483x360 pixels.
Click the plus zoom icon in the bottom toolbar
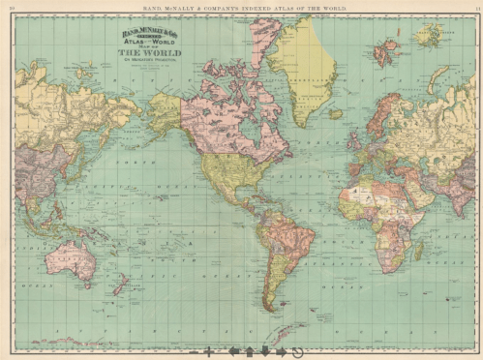208,352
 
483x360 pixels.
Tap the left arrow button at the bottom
231,352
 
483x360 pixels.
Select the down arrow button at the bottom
264,352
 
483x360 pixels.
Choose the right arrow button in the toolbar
281,352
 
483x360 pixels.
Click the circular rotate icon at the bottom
297,352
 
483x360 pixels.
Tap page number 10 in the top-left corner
11,7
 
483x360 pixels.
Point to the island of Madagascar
419,251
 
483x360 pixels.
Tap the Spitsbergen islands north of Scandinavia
387,50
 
